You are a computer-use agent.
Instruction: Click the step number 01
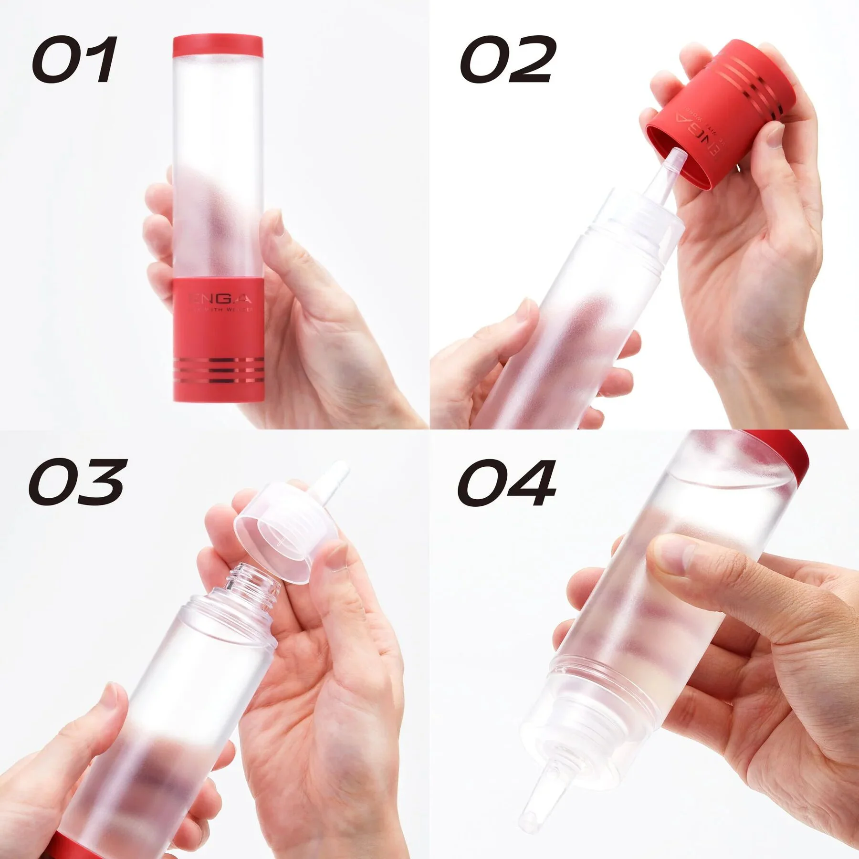point(74,60)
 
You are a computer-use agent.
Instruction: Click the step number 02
point(508,60)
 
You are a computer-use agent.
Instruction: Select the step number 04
point(508,482)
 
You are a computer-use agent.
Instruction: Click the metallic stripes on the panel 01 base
point(217,370)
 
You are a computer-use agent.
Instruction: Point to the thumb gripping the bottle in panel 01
point(277,248)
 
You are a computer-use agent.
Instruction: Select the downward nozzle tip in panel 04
point(534,807)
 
